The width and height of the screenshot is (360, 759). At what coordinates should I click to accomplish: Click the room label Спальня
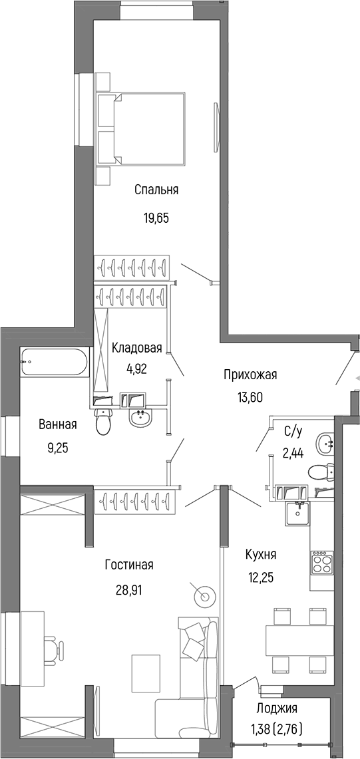click(x=156, y=190)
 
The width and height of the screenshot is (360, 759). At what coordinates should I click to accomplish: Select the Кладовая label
click(x=137, y=349)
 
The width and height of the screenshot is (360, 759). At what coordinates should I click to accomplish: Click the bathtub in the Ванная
click(x=54, y=363)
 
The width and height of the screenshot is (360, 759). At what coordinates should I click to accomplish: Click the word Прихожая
click(x=250, y=375)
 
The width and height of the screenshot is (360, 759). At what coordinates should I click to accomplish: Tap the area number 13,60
click(x=250, y=398)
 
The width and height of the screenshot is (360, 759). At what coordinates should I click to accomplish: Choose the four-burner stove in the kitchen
click(x=321, y=563)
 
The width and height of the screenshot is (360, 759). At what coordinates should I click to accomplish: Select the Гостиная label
click(x=129, y=565)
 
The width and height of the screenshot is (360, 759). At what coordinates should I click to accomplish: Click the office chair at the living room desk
click(x=53, y=646)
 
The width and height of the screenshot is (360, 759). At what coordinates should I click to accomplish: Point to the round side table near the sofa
click(x=204, y=597)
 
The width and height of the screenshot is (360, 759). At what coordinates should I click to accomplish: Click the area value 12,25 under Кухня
click(x=261, y=577)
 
